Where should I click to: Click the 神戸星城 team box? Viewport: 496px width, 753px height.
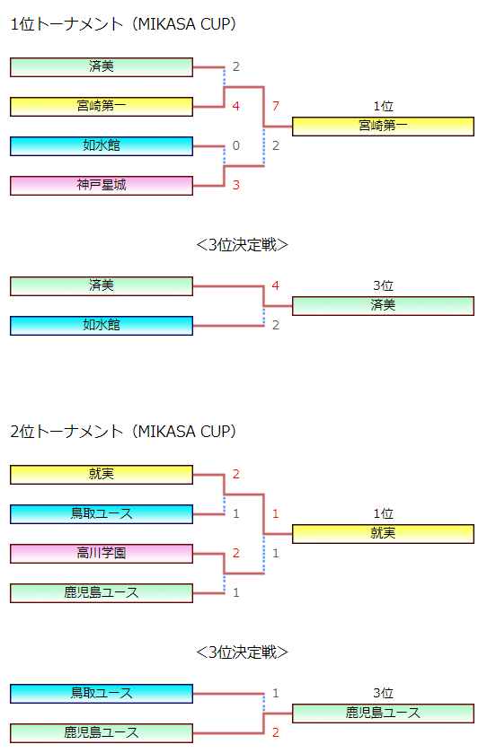pyautogui.click(x=102, y=186)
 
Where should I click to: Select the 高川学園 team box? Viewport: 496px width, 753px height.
pyautogui.click(x=102, y=553)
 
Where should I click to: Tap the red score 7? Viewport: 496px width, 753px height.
pyautogui.click(x=275, y=106)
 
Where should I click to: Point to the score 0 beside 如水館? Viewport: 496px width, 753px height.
pyautogui.click(x=236, y=145)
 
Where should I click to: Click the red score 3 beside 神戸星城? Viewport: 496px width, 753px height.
pyautogui.click(x=236, y=185)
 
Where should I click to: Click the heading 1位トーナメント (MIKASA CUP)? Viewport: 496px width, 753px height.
pyautogui.click(x=123, y=24)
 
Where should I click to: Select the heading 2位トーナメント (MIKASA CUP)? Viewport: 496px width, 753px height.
pyautogui.click(x=123, y=431)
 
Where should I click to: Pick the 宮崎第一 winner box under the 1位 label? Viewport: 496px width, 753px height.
pyautogui.click(x=383, y=127)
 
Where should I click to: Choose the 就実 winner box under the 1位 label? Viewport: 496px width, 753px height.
pyautogui.click(x=383, y=533)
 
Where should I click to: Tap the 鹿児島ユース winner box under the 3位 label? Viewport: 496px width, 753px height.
pyautogui.click(x=383, y=714)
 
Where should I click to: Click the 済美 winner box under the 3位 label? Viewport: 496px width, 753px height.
pyautogui.click(x=383, y=306)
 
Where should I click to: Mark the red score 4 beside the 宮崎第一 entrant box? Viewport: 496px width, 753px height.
pyautogui.click(x=236, y=106)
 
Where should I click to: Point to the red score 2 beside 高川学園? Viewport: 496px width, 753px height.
pyautogui.click(x=236, y=553)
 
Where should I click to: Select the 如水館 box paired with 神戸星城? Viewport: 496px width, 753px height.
pyautogui.click(x=102, y=146)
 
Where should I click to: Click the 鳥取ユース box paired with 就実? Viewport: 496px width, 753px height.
pyautogui.click(x=102, y=514)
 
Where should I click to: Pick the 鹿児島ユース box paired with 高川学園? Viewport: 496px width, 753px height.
pyautogui.click(x=102, y=592)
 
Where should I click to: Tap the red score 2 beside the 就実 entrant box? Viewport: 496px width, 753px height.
pyautogui.click(x=236, y=475)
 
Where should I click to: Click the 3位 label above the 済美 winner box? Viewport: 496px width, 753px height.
pyautogui.click(x=383, y=285)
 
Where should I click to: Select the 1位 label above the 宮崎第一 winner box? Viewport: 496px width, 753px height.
pyautogui.click(x=383, y=106)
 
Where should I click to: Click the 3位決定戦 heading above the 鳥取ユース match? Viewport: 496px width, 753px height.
pyautogui.click(x=243, y=652)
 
